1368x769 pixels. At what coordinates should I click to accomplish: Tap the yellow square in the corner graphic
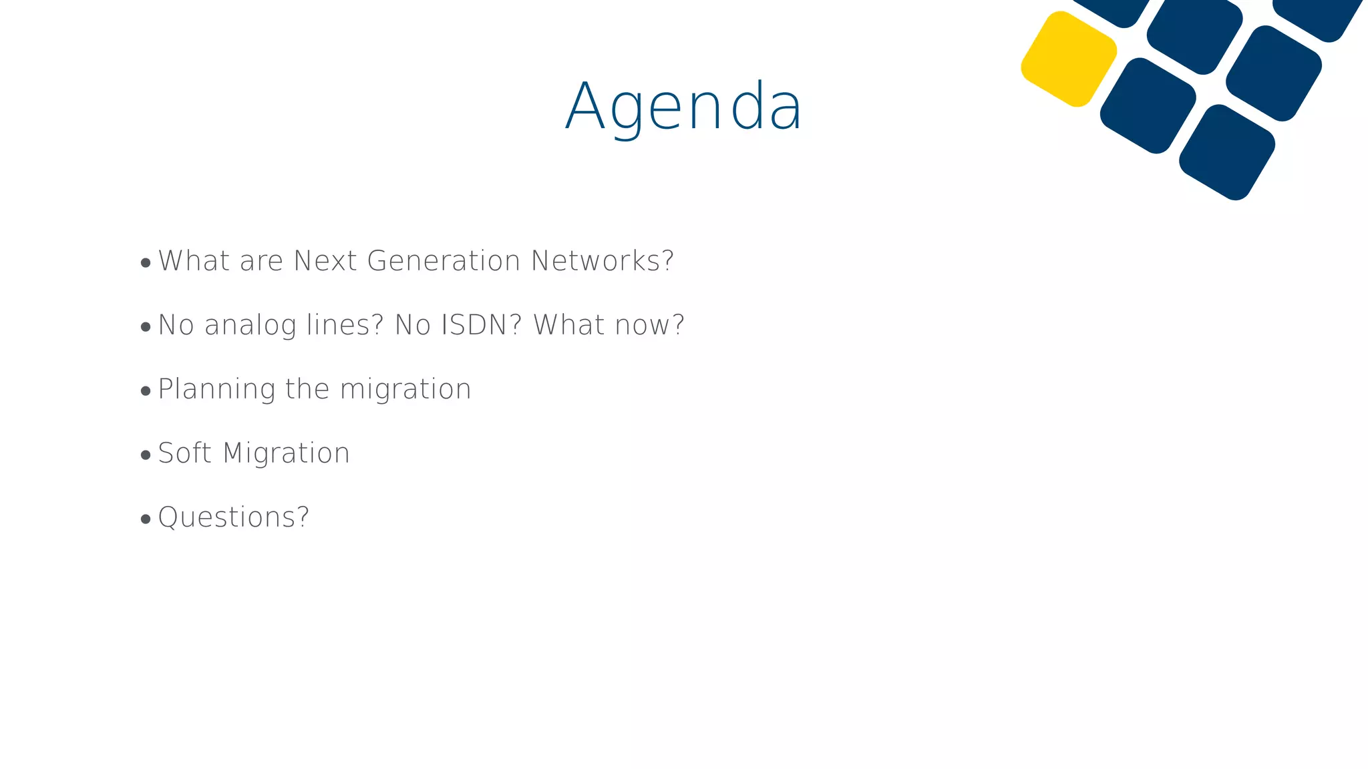(1069, 59)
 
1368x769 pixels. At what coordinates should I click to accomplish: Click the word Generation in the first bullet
(444, 261)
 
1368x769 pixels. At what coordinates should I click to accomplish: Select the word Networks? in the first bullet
(603, 261)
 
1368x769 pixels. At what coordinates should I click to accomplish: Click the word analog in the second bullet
(250, 325)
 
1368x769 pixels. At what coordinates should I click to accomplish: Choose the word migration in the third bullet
(405, 389)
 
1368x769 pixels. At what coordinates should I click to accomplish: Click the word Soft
(184, 453)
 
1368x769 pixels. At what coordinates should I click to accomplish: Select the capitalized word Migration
(286, 453)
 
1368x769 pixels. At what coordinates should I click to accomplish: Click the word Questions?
(234, 517)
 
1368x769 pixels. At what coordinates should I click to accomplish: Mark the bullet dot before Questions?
(146, 519)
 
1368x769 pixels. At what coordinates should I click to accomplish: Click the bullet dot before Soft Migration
(146, 455)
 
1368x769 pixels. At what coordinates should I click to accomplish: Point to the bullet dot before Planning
(146, 391)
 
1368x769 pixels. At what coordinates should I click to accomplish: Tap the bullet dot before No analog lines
(146, 327)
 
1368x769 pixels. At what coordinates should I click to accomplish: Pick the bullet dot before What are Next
(146, 263)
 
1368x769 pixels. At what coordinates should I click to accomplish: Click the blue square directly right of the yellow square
(1148, 105)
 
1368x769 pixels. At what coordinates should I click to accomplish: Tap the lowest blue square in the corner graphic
(1226, 152)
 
